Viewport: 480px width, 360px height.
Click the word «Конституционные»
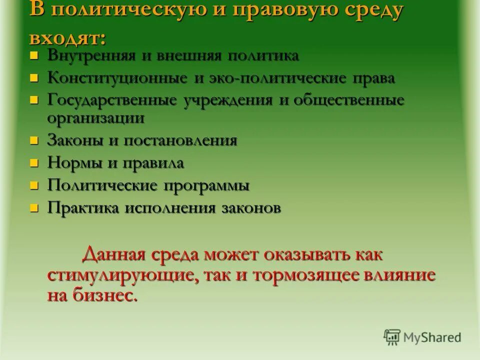118,78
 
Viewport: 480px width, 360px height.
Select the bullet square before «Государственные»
34,99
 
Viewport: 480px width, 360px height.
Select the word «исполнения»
167,208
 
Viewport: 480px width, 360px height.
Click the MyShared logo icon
392,337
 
